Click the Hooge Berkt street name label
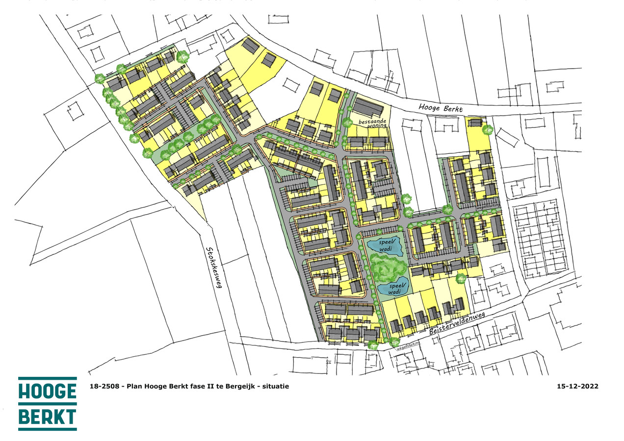click(x=441, y=108)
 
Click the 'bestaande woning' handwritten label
click(x=373, y=122)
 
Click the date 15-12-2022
click(x=577, y=386)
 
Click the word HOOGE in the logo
click(x=48, y=392)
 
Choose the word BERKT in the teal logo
click(x=48, y=417)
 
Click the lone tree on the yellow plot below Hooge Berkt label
click(x=487, y=130)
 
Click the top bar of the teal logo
click(x=48, y=379)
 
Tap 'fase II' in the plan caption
click(x=195, y=386)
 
